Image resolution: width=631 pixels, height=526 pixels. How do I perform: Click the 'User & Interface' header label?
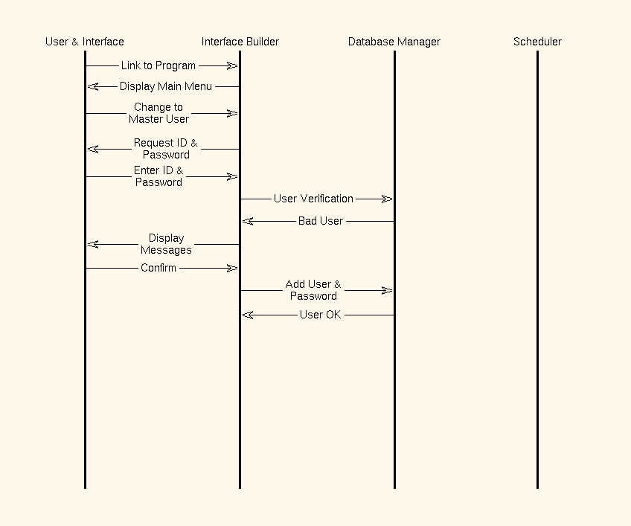(85, 42)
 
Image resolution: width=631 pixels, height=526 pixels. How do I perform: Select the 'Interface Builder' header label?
(240, 42)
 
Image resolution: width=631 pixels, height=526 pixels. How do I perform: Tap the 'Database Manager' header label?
(394, 42)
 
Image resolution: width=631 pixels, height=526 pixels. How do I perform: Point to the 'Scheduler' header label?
(537, 42)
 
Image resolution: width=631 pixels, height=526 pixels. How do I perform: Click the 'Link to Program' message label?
(158, 65)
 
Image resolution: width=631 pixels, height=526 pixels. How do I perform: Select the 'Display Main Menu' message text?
(166, 86)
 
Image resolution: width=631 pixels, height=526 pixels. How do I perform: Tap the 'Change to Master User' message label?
(158, 113)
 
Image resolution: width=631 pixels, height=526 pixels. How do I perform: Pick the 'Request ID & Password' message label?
(166, 149)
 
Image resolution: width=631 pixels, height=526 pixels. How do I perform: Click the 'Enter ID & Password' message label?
(158, 176)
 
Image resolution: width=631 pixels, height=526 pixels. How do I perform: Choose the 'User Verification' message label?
(313, 199)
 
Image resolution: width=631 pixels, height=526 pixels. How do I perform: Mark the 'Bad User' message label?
(320, 221)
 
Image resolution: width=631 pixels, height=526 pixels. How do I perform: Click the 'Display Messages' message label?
(166, 244)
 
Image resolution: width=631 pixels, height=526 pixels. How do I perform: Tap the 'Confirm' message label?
(158, 268)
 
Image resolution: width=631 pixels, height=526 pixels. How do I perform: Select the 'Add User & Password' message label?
(313, 290)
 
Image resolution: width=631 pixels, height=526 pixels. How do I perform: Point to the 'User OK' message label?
(320, 315)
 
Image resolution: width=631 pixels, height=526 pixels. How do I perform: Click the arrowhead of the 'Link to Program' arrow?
(233, 65)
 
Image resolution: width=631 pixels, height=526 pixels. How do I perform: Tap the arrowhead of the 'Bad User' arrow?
(248, 222)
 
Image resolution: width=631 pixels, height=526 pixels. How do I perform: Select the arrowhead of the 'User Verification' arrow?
(387, 199)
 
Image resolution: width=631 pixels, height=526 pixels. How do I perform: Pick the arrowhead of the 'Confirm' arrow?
(233, 268)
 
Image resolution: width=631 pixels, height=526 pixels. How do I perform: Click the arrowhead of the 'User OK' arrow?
(248, 315)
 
